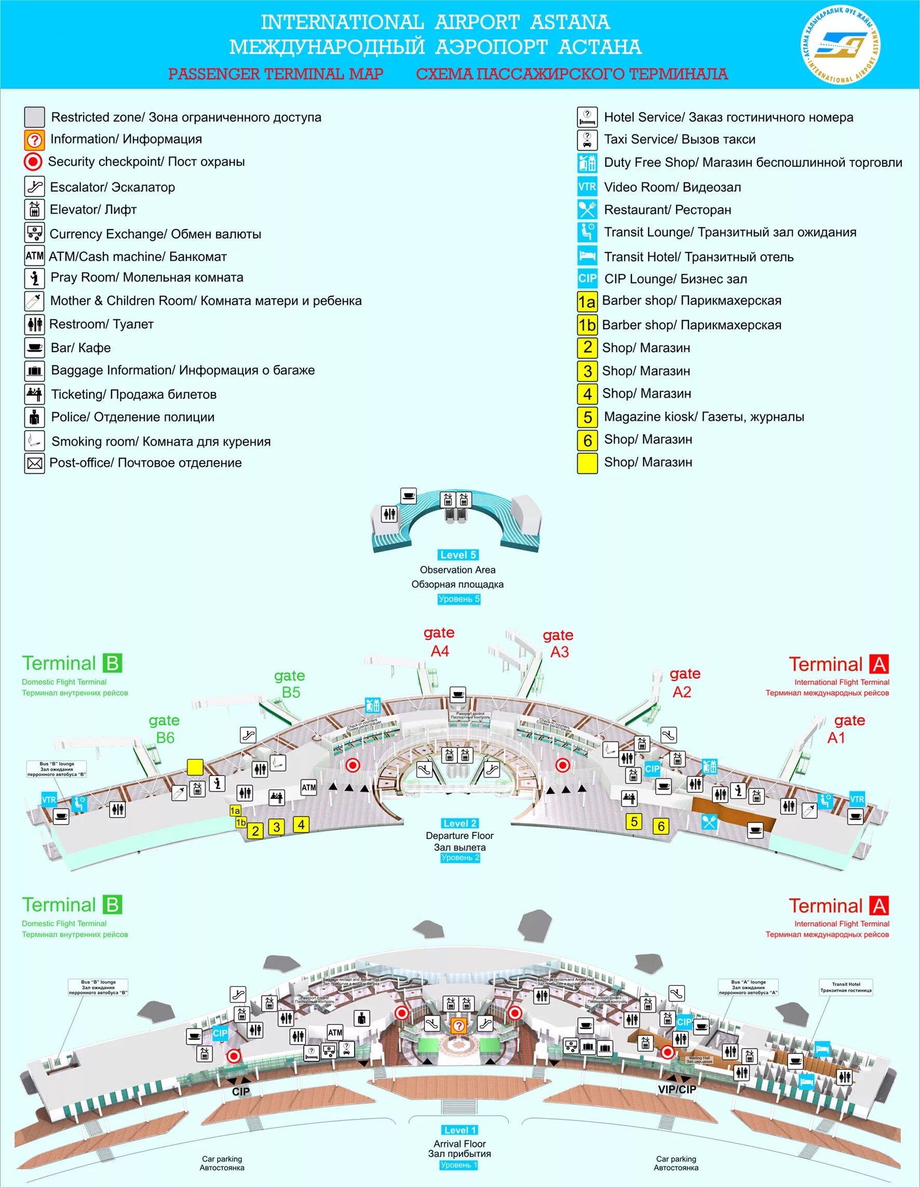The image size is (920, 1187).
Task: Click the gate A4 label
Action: [x=439, y=642]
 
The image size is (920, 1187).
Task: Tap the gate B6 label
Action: [x=165, y=729]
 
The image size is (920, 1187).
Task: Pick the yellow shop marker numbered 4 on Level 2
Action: [x=301, y=824]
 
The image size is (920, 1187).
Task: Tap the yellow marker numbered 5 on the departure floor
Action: [x=633, y=821]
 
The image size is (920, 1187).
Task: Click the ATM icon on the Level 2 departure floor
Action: [x=308, y=787]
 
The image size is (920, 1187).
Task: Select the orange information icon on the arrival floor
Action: [x=459, y=1025]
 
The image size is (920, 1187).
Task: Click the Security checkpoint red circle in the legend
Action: [x=33, y=162]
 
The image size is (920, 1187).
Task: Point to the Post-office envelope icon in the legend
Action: [x=34, y=463]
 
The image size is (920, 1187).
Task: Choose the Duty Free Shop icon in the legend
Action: [x=587, y=163]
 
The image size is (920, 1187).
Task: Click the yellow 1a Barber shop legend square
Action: [x=587, y=302]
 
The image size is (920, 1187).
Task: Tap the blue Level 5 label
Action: [x=458, y=555]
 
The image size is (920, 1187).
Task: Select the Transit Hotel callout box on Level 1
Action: [x=846, y=987]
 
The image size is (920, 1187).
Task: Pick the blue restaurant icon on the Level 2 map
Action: [x=709, y=822]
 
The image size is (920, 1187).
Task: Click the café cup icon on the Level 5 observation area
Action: [x=409, y=496]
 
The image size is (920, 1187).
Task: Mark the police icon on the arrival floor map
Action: [x=361, y=1018]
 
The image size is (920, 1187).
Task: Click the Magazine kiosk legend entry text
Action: [x=704, y=417]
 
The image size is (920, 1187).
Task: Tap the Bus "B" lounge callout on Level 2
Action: [x=57, y=768]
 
